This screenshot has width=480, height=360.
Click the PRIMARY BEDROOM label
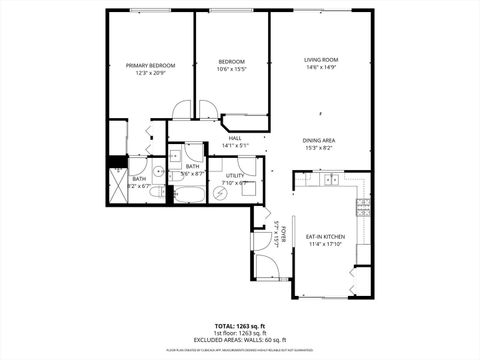[x=151, y=66]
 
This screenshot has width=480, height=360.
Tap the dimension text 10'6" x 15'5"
[x=231, y=69]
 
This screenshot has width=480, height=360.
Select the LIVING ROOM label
[x=321, y=60]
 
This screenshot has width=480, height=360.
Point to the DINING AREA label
[x=321, y=140]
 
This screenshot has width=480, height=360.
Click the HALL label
[x=235, y=139]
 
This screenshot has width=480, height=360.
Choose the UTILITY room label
[x=234, y=175]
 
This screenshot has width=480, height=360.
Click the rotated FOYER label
[x=283, y=236]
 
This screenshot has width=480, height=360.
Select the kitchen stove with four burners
[x=363, y=209]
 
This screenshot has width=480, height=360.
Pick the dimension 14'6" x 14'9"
[x=321, y=68]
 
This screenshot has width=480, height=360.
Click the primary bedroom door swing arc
[x=180, y=110]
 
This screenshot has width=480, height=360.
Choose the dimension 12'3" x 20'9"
[x=151, y=74]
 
